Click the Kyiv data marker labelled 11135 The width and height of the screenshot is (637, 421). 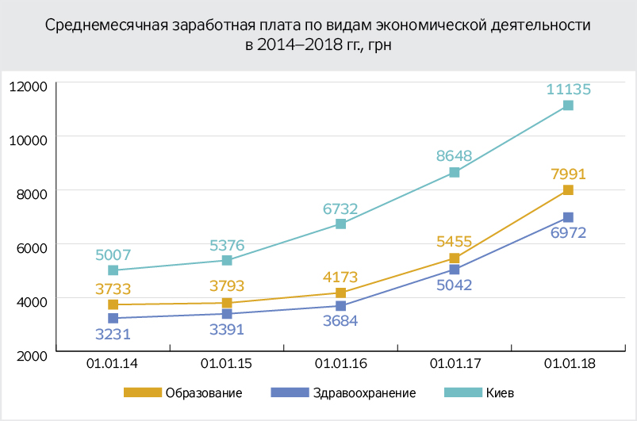click(568, 105)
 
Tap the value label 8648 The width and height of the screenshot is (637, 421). click(455, 156)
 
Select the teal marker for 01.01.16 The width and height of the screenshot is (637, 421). click(341, 224)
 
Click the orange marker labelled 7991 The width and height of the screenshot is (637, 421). click(568, 190)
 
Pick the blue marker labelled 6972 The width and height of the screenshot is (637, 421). click(568, 217)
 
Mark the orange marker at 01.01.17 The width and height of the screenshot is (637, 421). click(455, 258)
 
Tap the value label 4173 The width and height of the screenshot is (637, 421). click(340, 277)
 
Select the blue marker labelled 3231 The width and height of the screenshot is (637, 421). click(113, 318)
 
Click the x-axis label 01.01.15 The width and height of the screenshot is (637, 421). click(227, 365)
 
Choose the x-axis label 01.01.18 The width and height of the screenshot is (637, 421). click(568, 365)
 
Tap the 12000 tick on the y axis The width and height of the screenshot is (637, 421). click(29, 85)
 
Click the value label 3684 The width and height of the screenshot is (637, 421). click(340, 321)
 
